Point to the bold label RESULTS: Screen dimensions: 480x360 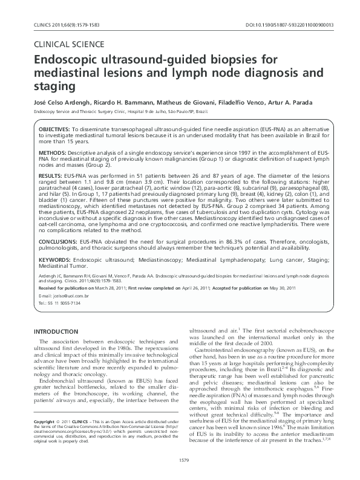point(51,174)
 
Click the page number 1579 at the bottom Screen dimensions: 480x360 point(180,461)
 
